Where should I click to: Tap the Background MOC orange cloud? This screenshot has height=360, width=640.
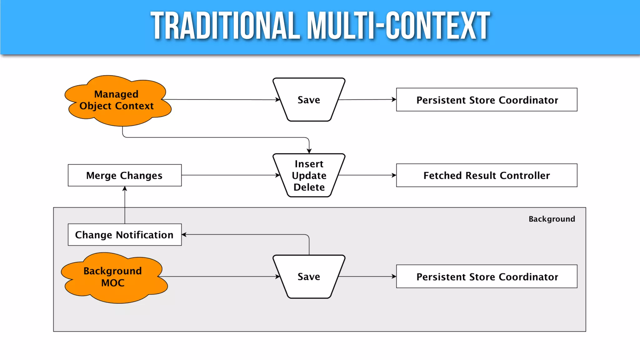[113, 277]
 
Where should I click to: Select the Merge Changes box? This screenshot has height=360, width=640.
[124, 175]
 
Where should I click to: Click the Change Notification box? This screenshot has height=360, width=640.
[124, 235]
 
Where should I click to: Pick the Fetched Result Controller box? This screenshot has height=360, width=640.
[487, 175]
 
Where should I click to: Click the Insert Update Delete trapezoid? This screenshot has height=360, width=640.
[309, 175]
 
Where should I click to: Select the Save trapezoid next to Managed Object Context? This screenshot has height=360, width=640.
[309, 100]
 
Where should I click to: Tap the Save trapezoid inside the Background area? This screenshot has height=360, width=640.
[309, 277]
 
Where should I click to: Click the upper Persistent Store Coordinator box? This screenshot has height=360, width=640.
[487, 100]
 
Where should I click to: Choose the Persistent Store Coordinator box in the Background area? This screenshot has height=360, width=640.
[487, 277]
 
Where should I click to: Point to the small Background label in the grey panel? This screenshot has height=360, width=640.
[552, 219]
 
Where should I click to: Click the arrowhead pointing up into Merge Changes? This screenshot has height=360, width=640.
[125, 189]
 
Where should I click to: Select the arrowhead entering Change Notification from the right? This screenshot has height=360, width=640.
[184, 234]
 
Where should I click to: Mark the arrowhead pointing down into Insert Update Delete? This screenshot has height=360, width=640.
[309, 151]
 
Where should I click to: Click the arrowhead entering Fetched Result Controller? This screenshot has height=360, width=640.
[394, 175]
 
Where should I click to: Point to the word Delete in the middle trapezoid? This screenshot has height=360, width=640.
[309, 187]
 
